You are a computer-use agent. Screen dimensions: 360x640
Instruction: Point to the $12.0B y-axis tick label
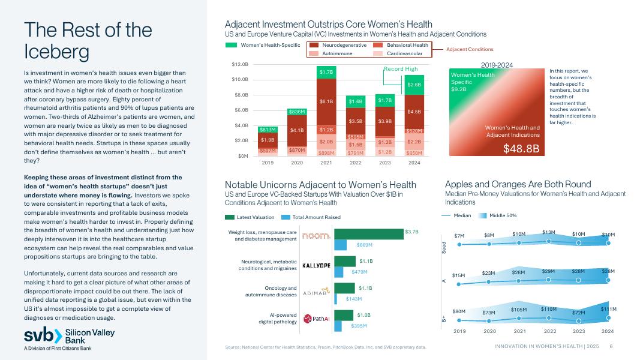[x=239, y=64]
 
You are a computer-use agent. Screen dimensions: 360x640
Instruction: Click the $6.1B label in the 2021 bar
[x=327, y=102]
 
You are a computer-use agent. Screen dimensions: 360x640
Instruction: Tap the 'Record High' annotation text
[x=401, y=69]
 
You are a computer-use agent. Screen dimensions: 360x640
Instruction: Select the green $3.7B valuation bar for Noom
[x=368, y=233]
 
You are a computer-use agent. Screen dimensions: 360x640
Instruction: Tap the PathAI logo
[x=316, y=319]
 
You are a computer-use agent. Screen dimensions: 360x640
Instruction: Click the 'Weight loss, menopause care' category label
[x=263, y=232]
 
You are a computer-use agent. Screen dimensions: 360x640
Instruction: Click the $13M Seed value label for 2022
[x=548, y=232]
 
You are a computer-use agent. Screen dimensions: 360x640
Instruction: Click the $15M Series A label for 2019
[x=459, y=275]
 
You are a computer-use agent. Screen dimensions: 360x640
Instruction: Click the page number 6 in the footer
[x=611, y=346]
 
